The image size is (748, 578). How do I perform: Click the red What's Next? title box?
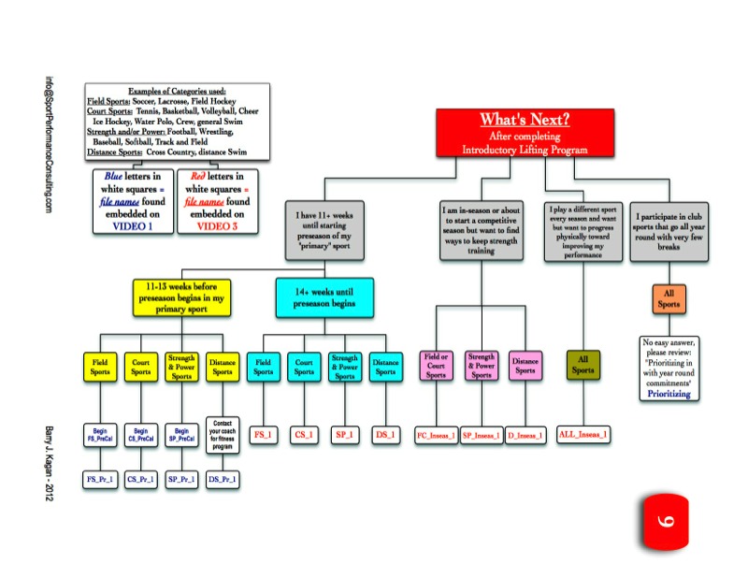(525, 132)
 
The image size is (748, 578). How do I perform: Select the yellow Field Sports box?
(98, 366)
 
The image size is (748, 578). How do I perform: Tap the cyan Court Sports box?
(304, 366)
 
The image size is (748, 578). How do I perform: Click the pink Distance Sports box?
(525, 366)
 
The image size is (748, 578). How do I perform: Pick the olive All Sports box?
(583, 365)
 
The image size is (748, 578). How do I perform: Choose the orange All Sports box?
(669, 298)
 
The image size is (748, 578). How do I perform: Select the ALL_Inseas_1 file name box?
(583, 435)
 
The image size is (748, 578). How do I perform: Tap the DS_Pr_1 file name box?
(221, 479)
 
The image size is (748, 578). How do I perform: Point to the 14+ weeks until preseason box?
(324, 296)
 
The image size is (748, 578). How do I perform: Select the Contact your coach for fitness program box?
(221, 435)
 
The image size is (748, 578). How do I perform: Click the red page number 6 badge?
(667, 521)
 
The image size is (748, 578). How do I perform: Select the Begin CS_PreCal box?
(140, 435)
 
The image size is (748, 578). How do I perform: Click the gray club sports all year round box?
(669, 230)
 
